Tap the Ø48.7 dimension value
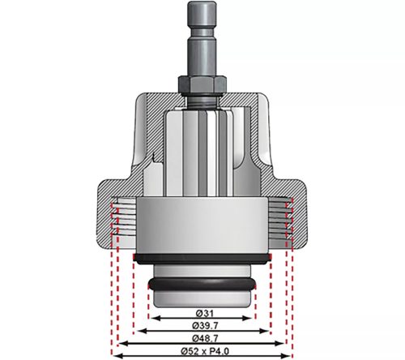point(202,337)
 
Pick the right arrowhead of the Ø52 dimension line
point(288,354)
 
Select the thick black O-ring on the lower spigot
point(202,285)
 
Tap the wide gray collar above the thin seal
point(202,227)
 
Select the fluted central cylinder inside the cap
point(202,154)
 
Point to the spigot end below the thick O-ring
point(202,298)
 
